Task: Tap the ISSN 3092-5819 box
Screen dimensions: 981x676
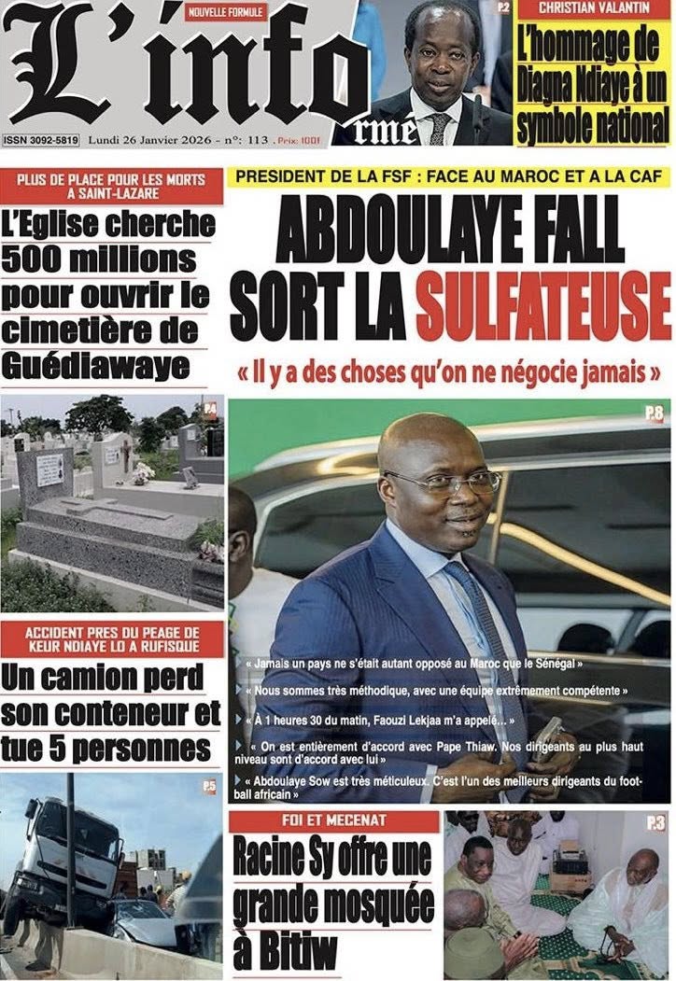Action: (41, 141)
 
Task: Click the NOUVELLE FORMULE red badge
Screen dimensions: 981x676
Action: (225, 12)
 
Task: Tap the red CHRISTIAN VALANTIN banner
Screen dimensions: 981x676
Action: (594, 10)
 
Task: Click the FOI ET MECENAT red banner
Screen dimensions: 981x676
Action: (333, 822)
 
